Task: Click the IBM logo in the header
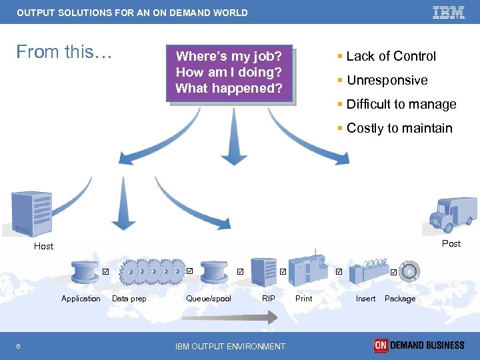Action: (449, 12)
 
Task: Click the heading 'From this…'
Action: (64, 52)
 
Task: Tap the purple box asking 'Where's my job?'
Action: (229, 73)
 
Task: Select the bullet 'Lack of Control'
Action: (391, 57)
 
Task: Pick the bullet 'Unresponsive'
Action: (387, 81)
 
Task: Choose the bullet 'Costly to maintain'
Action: (399, 129)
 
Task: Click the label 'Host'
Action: (44, 247)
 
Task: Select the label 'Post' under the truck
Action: (451, 244)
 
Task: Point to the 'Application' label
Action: (81, 299)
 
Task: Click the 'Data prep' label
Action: (129, 299)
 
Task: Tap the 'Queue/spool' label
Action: (209, 299)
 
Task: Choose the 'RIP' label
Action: (269, 299)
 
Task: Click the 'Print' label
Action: (303, 299)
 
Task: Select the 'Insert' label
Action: (365, 299)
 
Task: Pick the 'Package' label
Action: (400, 299)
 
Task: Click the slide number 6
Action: (18, 346)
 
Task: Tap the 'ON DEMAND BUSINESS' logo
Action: (419, 345)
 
